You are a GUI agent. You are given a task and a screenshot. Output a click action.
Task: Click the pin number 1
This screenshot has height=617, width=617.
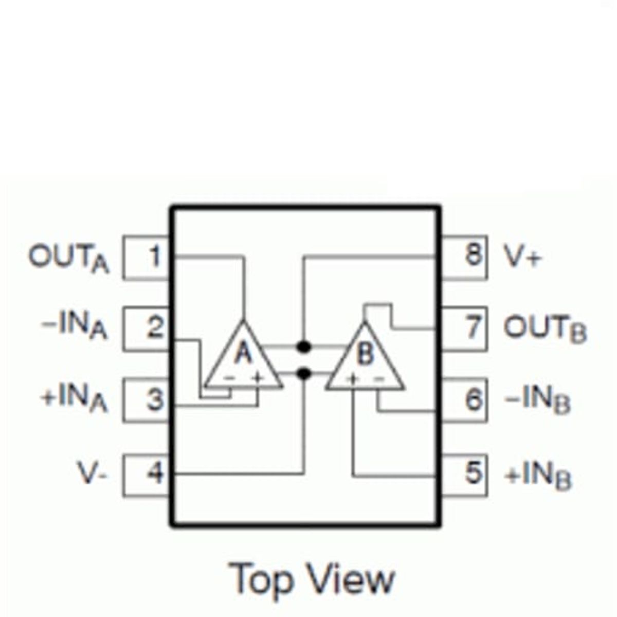coord(155,256)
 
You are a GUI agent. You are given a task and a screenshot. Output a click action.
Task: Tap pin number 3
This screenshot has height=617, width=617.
coord(155,400)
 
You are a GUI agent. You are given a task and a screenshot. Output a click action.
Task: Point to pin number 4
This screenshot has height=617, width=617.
coord(155,472)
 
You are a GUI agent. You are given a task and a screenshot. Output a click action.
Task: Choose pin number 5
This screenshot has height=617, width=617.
coord(473,472)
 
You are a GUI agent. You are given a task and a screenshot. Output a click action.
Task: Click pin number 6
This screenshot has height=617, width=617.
coord(473,400)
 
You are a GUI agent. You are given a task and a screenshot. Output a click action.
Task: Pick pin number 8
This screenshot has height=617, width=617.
coord(474,255)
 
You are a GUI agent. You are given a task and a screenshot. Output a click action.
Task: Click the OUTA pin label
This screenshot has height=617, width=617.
coord(69,259)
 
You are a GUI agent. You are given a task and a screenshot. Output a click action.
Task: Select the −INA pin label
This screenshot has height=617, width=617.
coord(74,330)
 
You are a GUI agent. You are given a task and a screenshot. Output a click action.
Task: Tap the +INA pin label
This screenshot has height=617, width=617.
coord(74,402)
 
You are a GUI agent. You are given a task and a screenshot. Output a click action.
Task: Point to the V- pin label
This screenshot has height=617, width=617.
coord(92,473)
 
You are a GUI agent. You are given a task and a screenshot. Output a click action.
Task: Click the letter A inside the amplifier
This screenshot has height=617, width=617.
coord(244,352)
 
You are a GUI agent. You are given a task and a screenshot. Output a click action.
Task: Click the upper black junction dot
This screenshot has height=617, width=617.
coord(303,347)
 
